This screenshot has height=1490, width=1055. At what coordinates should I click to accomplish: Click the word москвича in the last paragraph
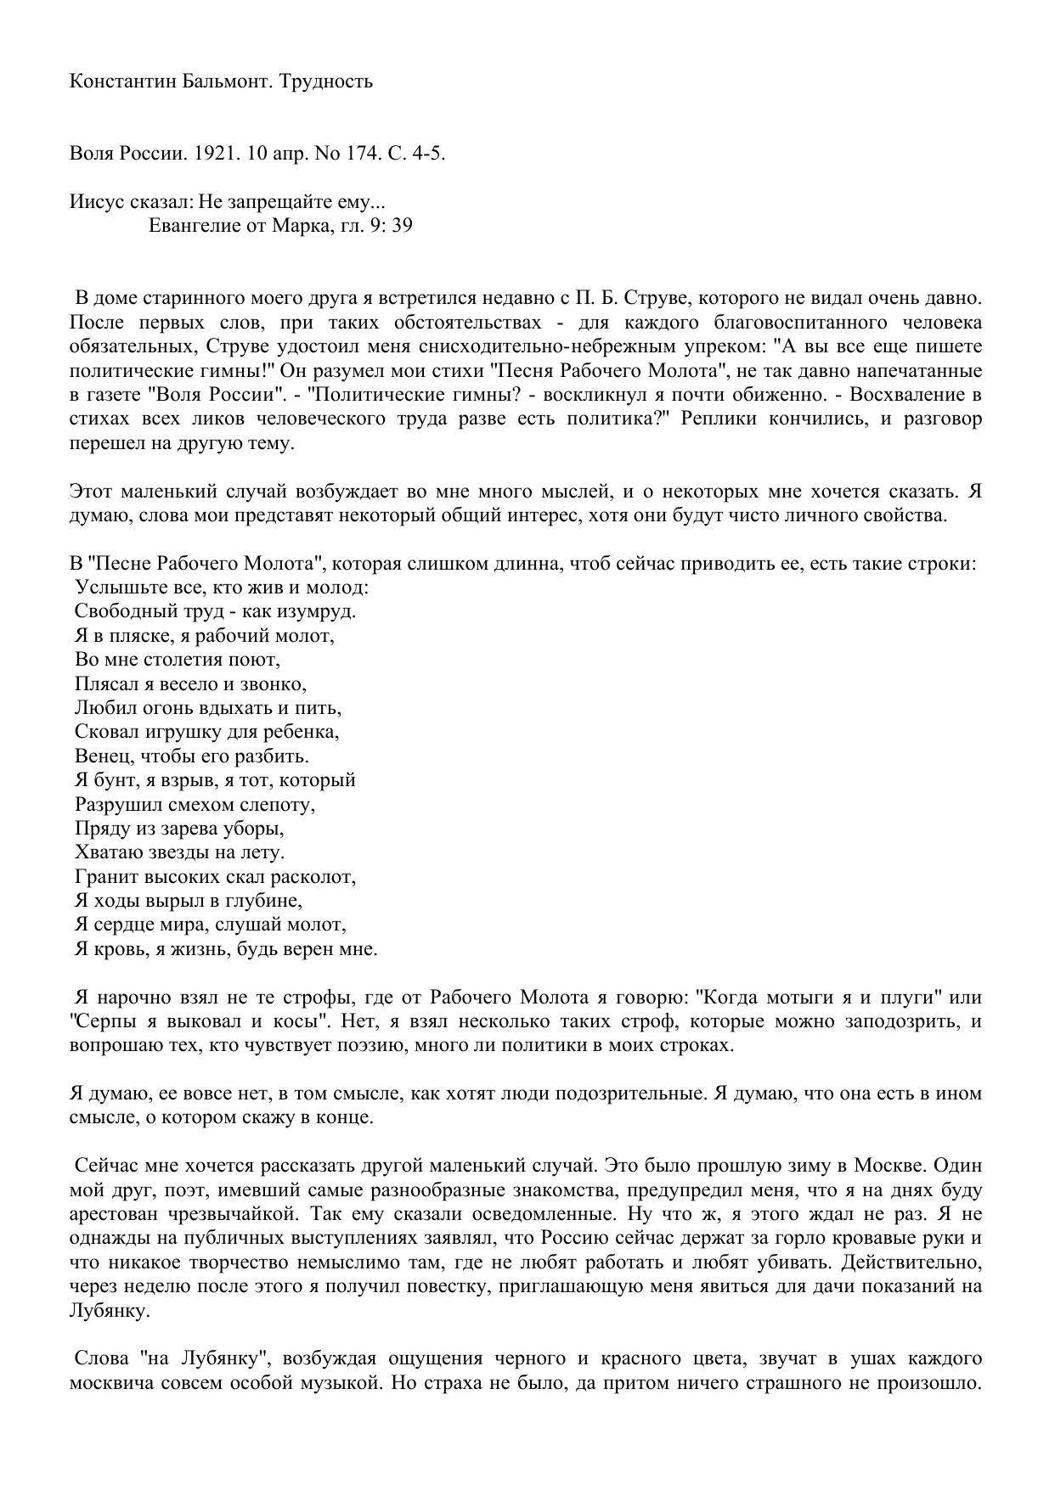(x=111, y=1382)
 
